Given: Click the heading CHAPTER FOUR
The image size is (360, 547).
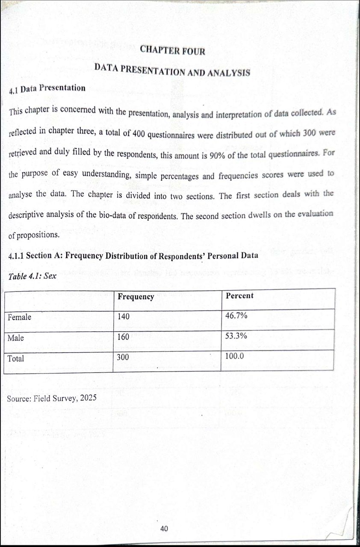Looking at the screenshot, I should point(172,51).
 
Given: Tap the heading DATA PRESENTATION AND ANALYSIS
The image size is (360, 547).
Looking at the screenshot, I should point(172,70).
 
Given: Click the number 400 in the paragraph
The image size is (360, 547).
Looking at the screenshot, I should point(139,133).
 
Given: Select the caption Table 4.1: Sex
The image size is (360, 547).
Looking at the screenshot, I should point(32,276).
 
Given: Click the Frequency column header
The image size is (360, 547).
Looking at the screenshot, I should point(136,297).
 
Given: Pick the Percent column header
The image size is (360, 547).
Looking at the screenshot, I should point(239,296).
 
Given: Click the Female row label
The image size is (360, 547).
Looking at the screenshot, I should point(19,317).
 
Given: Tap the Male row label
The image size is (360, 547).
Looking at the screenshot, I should point(16,338).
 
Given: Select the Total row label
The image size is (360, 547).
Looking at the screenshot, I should point(16,359).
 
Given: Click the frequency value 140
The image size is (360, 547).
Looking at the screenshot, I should point(123,317).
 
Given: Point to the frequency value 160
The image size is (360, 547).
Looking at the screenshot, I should point(123,337).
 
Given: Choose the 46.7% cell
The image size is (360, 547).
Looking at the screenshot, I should point(236,316).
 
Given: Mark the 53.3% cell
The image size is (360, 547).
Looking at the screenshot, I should point(236,336).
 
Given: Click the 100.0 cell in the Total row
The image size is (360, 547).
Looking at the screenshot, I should point(235,355).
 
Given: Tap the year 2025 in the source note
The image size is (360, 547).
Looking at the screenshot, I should point(88,398).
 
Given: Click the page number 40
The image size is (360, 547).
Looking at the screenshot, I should point(164,529).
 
